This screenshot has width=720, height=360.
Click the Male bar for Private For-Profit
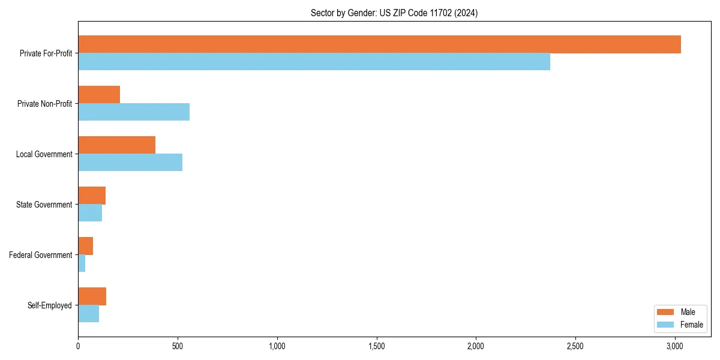point(379,44)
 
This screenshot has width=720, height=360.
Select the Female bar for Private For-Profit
point(314,62)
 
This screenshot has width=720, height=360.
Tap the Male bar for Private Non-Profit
point(99,95)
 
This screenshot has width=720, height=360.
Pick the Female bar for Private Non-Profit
point(134,112)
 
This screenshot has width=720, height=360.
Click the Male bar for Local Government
point(116,145)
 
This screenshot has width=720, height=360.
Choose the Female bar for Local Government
point(130,163)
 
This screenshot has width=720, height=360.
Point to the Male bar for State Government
point(92,196)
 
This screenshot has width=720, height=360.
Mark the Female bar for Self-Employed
point(88,314)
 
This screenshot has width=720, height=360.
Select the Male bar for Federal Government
point(85,246)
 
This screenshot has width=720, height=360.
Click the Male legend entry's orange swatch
point(666,312)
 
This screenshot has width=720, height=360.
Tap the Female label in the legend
point(691,325)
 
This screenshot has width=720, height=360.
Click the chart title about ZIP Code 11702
point(394,13)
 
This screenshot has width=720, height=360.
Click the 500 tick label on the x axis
point(178,346)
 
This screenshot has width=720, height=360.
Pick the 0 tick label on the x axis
point(78,346)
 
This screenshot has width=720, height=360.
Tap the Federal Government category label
point(41,255)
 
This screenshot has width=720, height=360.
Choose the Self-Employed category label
point(50,305)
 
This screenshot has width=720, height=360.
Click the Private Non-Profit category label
point(44,104)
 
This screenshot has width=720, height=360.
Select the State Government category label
point(44,205)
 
